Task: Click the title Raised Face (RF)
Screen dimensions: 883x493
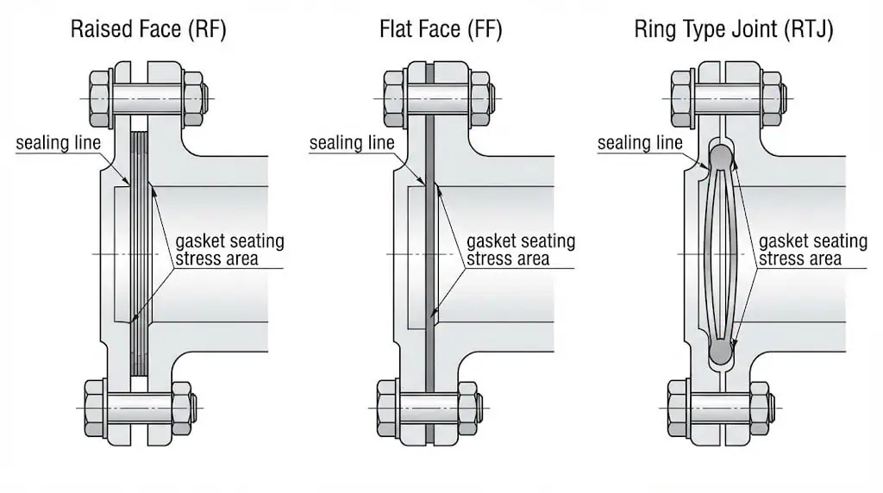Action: point(148,29)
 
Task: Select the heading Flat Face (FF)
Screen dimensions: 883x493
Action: point(441,29)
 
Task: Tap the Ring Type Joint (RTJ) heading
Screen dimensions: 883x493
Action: point(733,29)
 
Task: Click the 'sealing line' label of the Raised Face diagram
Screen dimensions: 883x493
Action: point(58,143)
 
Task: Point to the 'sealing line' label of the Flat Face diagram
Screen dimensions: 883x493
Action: point(352,143)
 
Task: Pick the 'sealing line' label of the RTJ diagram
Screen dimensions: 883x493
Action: point(640,143)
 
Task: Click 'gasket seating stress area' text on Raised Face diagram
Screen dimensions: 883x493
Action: point(229,250)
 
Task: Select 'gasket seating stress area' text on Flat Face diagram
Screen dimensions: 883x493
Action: point(521,250)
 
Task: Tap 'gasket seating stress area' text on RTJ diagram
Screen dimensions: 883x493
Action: point(812,250)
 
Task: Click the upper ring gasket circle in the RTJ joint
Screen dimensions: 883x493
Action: point(722,157)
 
